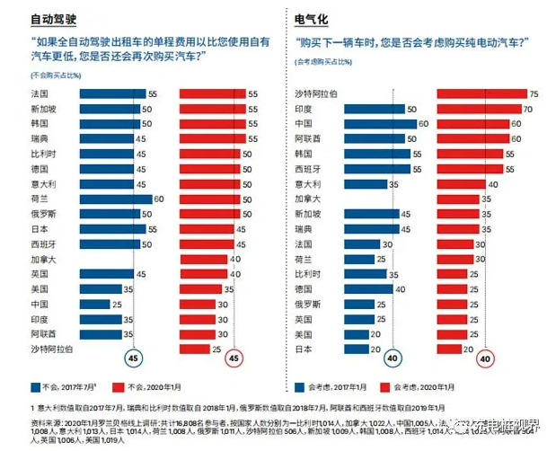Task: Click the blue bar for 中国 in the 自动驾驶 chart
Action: (100, 304)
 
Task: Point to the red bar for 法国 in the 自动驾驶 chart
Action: (213, 93)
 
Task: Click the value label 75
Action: (534, 93)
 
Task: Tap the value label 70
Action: (529, 109)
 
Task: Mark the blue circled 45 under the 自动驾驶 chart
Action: (132, 358)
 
